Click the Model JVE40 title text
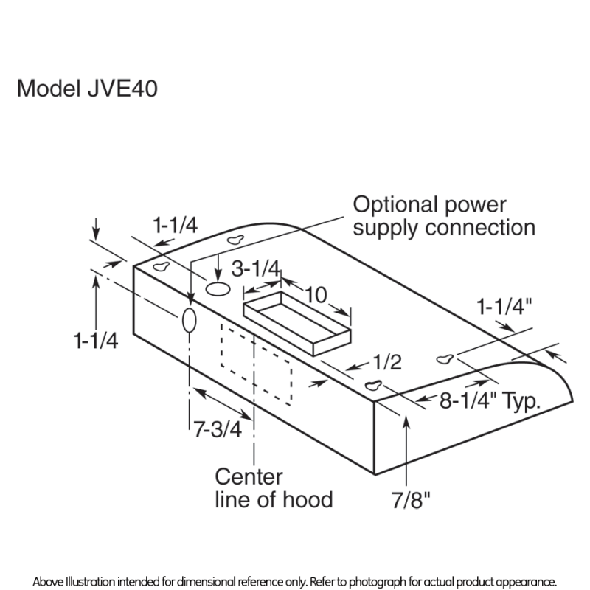tap(87, 88)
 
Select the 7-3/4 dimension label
tap(218, 429)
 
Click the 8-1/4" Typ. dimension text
tap(490, 402)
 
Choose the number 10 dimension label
tap(316, 295)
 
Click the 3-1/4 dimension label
tap(255, 269)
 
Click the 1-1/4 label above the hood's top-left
tap(175, 225)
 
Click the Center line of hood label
tap(273, 487)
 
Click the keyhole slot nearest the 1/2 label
tap(375, 384)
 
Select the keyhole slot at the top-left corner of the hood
tap(162, 266)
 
